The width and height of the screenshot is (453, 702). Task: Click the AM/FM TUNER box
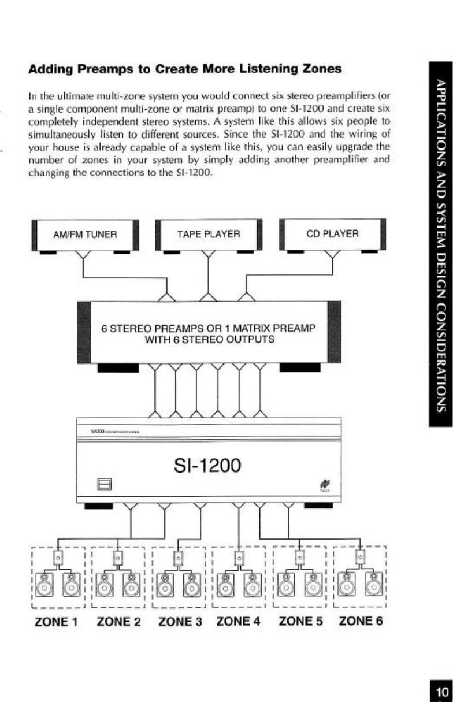[x=85, y=235]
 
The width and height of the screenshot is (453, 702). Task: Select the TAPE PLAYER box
[x=209, y=235]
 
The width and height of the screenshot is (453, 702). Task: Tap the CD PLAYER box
[x=332, y=234]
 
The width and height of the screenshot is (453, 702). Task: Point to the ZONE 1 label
[x=54, y=622]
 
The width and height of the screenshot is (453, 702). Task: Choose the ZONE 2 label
[x=118, y=622]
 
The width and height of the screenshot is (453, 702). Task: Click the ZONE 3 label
[x=179, y=622]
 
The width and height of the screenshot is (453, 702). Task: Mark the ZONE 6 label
[x=361, y=622]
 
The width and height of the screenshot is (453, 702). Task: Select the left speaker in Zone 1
[x=44, y=585]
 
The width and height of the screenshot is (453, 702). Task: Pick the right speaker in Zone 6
[x=374, y=585]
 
